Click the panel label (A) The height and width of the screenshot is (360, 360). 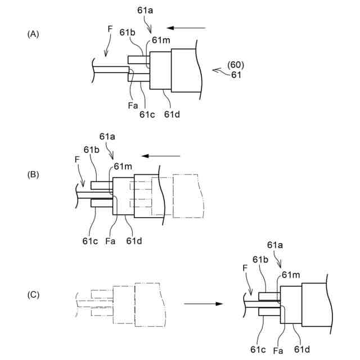tap(33, 34)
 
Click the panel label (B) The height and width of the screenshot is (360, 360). tap(33, 174)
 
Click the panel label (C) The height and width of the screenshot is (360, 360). tap(33, 294)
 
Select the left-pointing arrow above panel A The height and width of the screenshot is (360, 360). tap(187, 26)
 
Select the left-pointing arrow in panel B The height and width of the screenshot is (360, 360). tap(161, 156)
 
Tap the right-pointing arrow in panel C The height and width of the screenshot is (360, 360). tap(203, 303)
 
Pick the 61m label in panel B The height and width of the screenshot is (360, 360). tap(123, 166)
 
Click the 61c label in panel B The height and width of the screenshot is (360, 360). tap(91, 241)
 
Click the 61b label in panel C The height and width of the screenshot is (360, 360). tap(260, 259)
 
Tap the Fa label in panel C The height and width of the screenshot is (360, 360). tap(277, 350)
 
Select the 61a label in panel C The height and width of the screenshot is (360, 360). tap(276, 245)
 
